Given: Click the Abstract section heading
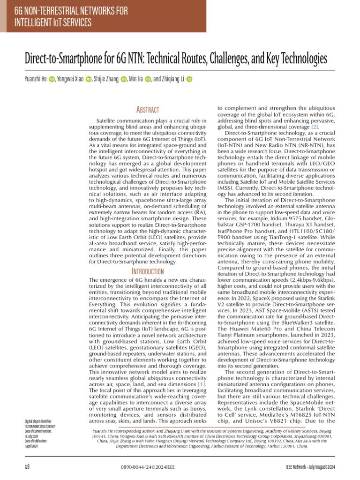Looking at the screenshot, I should [147, 110].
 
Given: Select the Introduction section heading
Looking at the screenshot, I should [147, 271].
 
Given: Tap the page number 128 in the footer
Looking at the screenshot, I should [28, 467].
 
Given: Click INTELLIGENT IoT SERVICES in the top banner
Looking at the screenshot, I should [52, 22].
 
